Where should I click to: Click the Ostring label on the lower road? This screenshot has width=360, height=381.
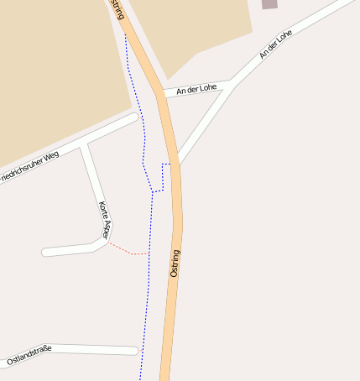(x=175, y=264)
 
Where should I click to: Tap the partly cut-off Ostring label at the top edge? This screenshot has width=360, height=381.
(x=117, y=8)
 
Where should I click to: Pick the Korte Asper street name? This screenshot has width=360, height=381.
(x=103, y=220)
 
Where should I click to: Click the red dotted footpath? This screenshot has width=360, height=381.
(x=128, y=250)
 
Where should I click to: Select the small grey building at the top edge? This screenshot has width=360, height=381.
(x=269, y=4)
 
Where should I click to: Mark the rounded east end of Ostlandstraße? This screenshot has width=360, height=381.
(x=134, y=350)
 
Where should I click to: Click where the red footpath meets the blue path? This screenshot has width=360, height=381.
(x=149, y=253)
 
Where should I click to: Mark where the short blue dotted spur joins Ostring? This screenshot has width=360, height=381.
(x=174, y=164)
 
